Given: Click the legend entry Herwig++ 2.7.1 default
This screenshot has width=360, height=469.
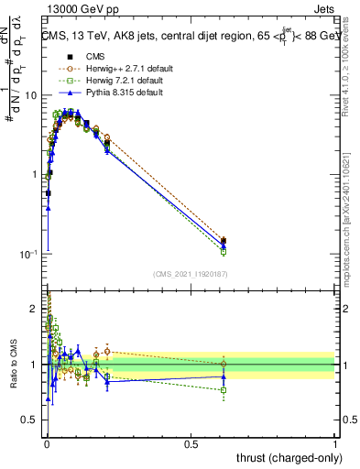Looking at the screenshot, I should click(x=120, y=69).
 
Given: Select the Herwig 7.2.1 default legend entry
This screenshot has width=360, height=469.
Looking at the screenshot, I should click(x=118, y=81).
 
